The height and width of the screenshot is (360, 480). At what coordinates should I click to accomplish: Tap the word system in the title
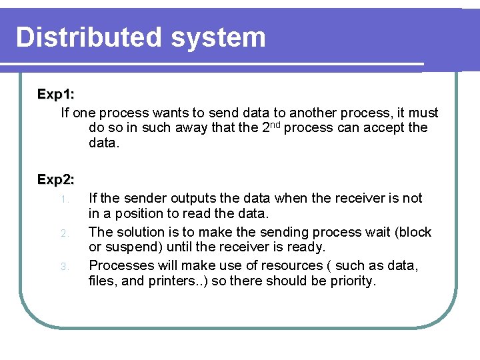pos(218,39)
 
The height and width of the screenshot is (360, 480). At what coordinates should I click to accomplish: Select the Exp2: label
pos(55,179)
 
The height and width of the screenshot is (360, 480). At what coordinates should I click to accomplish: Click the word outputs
pos(192,198)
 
